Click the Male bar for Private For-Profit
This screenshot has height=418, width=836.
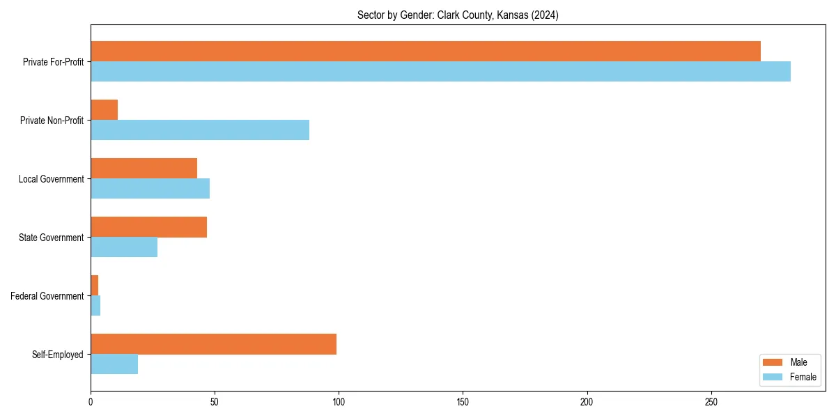tap(425, 52)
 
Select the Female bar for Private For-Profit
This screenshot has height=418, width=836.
tap(440, 72)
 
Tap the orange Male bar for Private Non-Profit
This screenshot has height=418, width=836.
tap(104, 110)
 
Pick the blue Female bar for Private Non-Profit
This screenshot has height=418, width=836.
tap(200, 130)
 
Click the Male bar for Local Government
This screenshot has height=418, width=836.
tap(144, 169)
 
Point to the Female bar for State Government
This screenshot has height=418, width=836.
tap(124, 247)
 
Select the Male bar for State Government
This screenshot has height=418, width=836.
tap(148, 227)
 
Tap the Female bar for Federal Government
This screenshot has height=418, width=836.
tap(95, 306)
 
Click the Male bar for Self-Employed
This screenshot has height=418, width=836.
tap(213, 344)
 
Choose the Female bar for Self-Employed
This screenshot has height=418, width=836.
tap(114, 364)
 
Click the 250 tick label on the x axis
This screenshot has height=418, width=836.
tap(711, 402)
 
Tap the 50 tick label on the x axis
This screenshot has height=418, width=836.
tap(215, 402)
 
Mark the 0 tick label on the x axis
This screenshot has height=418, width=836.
tap(91, 402)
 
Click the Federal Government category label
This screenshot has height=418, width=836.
tap(47, 296)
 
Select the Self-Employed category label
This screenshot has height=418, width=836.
tap(58, 355)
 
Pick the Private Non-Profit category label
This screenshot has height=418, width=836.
tap(52, 121)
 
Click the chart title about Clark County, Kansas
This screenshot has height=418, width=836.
tap(458, 15)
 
